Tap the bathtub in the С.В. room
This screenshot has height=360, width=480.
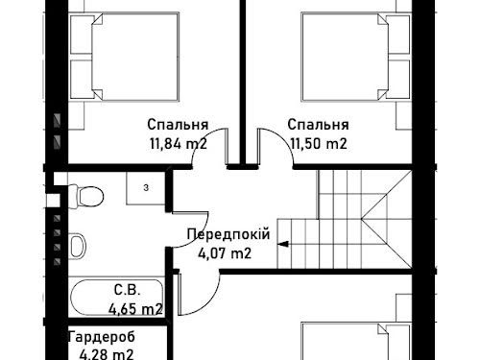click(x=117, y=298)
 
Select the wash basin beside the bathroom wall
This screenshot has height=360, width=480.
click(x=78, y=246)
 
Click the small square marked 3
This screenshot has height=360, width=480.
click(x=146, y=188)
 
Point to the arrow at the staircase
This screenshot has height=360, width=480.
click(x=283, y=244)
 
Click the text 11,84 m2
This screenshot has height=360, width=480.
click(x=179, y=144)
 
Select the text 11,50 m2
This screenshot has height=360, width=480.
click(x=319, y=144)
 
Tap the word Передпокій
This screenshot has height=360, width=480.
click(x=228, y=234)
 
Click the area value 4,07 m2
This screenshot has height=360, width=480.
click(x=225, y=253)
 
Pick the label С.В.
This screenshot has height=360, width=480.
click(x=127, y=290)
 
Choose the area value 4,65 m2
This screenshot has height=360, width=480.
click(x=135, y=309)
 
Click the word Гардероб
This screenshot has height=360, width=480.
click(x=102, y=337)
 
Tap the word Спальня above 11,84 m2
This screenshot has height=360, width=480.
click(x=178, y=125)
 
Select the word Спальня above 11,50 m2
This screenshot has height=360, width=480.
click(x=318, y=125)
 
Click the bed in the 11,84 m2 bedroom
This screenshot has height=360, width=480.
click(x=125, y=57)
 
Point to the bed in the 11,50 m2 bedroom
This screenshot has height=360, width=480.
click(x=356, y=57)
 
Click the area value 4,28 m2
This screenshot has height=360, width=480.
click(x=107, y=354)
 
